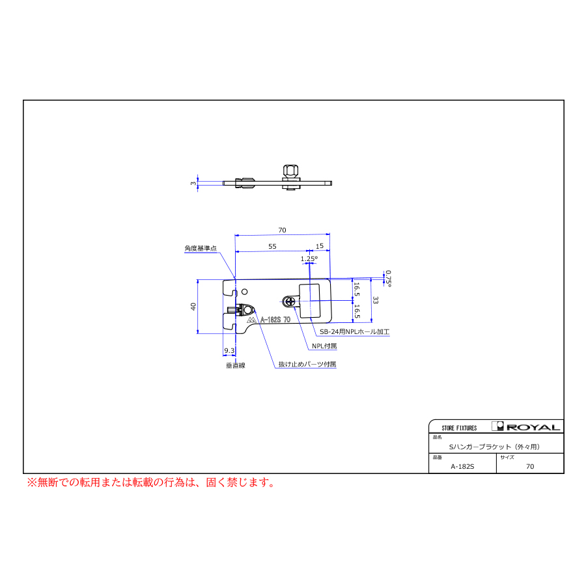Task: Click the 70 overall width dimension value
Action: (x=282, y=230)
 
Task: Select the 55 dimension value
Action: (x=272, y=246)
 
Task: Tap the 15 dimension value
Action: (x=320, y=246)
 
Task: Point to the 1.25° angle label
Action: (x=309, y=258)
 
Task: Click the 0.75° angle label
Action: (x=388, y=279)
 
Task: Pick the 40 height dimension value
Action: (x=193, y=307)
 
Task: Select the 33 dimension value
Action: (x=375, y=300)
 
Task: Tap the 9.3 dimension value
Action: (x=229, y=350)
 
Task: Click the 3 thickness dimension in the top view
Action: (x=193, y=183)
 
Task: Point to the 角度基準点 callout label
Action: (x=201, y=248)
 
